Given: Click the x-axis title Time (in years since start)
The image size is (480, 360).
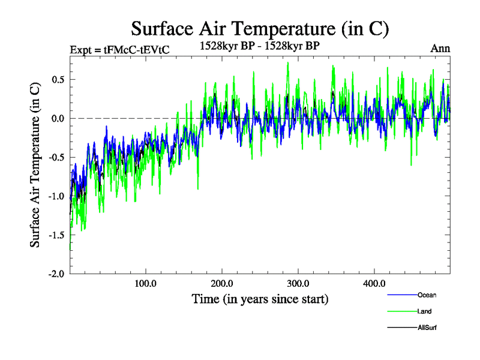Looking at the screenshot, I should coord(260,298).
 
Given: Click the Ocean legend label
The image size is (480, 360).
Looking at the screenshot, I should coord(427,295).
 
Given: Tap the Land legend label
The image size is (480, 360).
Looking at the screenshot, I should coord(425,311).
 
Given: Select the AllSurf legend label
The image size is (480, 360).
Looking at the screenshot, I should coord(427,328).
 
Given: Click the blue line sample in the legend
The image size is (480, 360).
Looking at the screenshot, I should coord(402,295).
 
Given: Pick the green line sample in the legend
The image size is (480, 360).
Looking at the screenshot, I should coord(402,311).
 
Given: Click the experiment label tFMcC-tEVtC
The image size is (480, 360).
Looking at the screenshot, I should coord(119,50).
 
